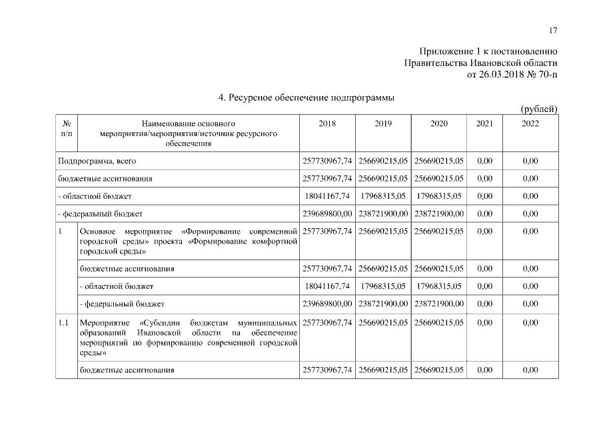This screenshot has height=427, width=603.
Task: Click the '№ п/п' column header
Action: (x=67, y=128)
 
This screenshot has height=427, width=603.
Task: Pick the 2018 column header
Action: (x=327, y=123)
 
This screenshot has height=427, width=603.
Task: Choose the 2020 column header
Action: (x=438, y=123)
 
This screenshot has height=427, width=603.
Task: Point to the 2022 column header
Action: (x=530, y=123)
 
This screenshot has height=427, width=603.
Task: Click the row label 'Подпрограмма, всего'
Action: (x=97, y=161)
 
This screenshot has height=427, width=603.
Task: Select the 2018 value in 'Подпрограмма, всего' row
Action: (x=327, y=161)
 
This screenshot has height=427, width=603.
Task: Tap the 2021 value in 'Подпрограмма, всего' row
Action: (x=485, y=161)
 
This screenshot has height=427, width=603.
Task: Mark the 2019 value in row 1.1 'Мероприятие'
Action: (x=383, y=323)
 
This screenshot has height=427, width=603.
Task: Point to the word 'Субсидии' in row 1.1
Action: (x=157, y=323)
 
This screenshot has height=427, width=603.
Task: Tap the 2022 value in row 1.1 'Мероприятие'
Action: (x=530, y=323)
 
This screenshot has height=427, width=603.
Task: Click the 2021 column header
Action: (x=485, y=123)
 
